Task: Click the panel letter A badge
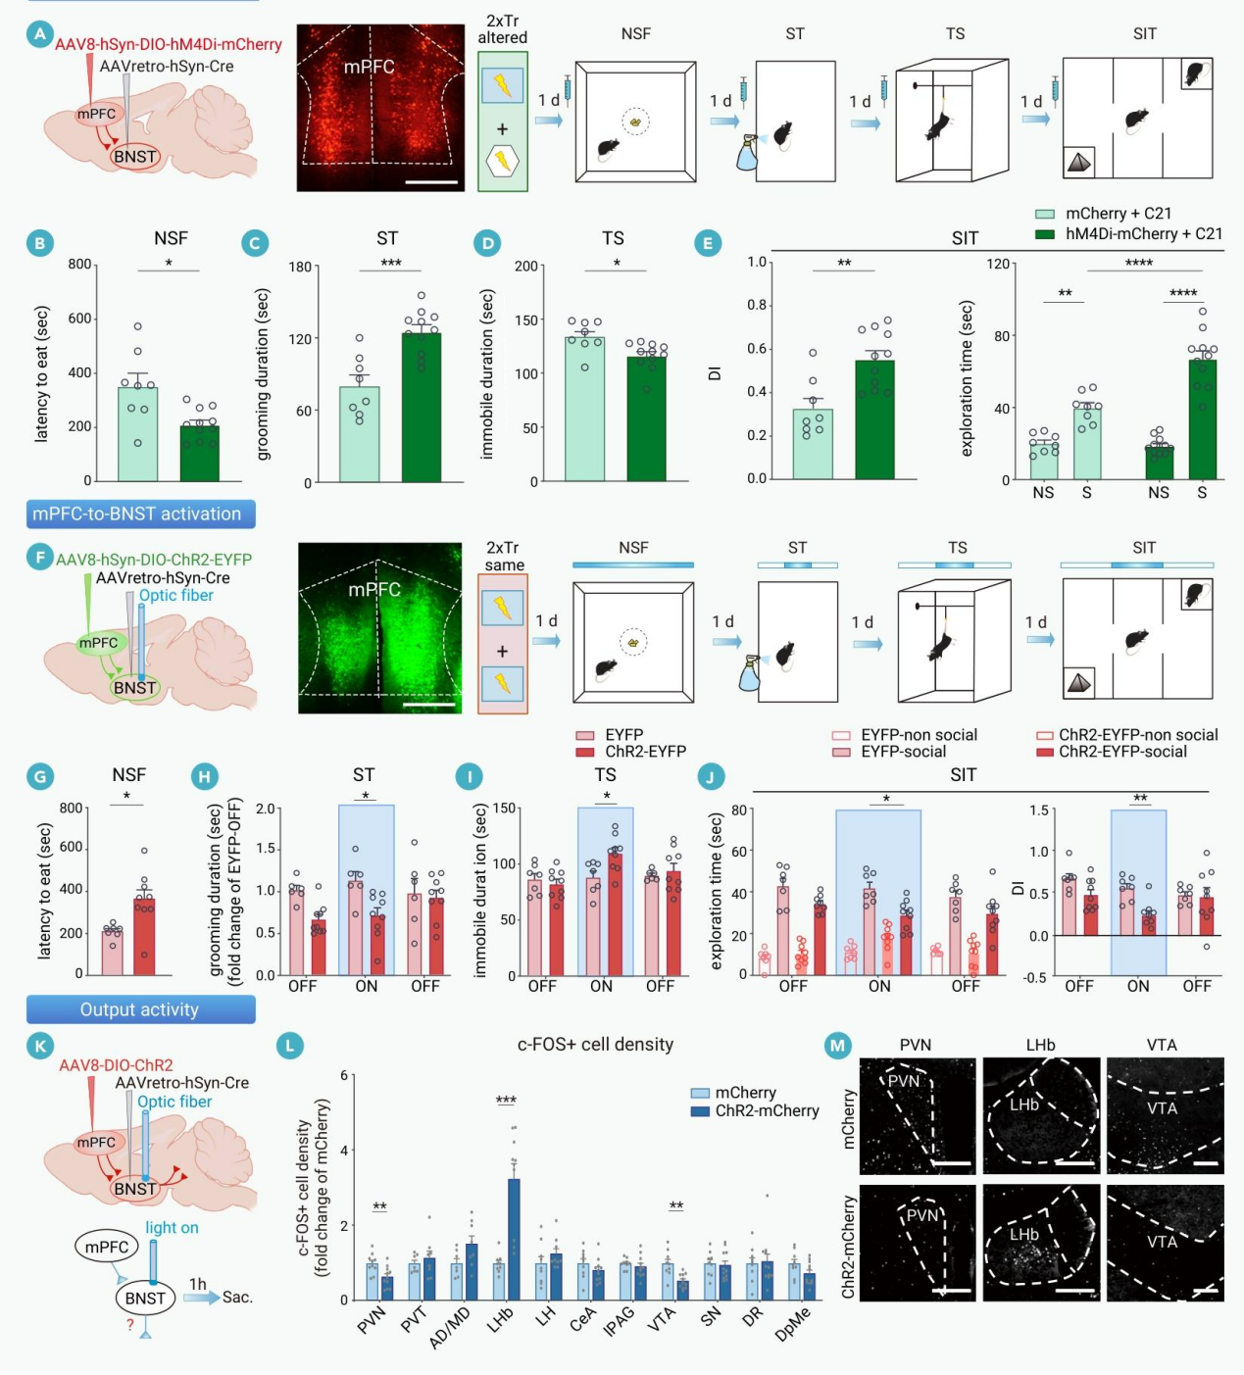pos(40,35)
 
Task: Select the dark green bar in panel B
pos(199,453)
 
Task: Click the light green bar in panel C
pos(360,434)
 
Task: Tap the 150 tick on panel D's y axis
pos(527,320)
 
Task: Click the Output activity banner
pos(140,1009)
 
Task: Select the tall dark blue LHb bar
pos(514,1239)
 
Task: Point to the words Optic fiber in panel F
pos(175,595)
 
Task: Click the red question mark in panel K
pos(129,1325)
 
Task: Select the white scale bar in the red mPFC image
pos(431,181)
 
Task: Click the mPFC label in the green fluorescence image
pos(374,590)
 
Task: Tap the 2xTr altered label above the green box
pos(502,29)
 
